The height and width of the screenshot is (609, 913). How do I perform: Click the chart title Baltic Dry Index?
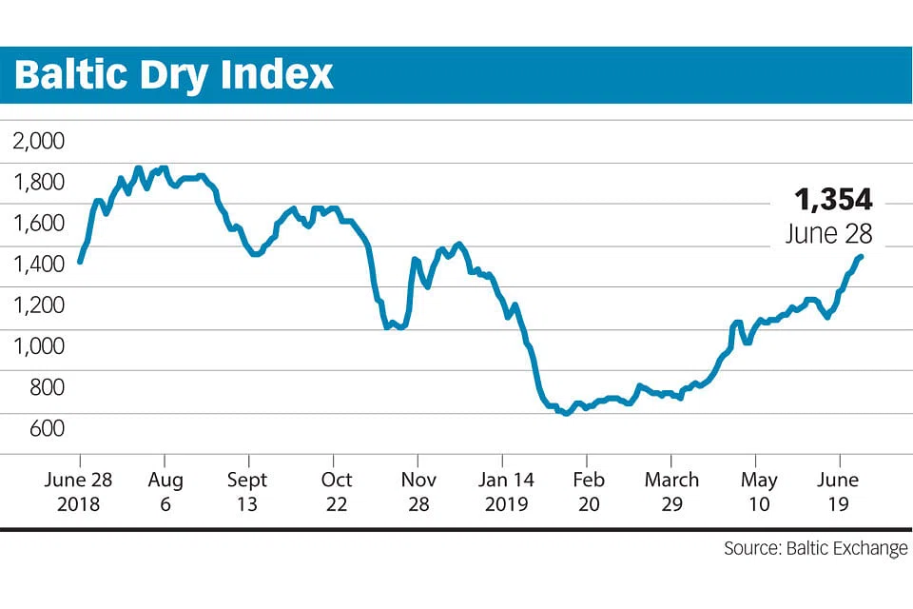[x=174, y=74]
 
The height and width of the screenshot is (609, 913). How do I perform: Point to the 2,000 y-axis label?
[x=38, y=142]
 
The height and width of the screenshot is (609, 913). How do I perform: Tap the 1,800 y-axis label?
[x=38, y=183]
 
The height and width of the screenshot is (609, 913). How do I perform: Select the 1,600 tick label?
[x=38, y=224]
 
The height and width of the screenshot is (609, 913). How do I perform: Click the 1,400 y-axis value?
[x=38, y=265]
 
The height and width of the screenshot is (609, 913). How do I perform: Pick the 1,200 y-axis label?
[x=38, y=305]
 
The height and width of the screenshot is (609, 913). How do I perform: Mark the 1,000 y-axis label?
[x=38, y=346]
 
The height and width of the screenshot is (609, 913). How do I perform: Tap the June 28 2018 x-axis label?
[x=78, y=491]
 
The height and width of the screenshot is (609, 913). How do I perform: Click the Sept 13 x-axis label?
[x=247, y=491]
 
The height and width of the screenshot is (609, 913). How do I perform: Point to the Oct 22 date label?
[x=337, y=491]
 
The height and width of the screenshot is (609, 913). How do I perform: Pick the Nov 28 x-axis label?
[x=419, y=491]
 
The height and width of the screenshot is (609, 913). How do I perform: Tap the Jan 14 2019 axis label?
[x=506, y=491]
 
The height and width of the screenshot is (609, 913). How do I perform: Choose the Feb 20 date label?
[x=590, y=491]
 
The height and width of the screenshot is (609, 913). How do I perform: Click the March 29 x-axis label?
[x=671, y=491]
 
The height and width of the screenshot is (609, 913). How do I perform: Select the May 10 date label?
[x=759, y=491]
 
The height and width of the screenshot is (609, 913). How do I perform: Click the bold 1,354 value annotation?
[x=833, y=199]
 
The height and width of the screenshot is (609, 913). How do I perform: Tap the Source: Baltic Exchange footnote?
[x=815, y=549]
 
